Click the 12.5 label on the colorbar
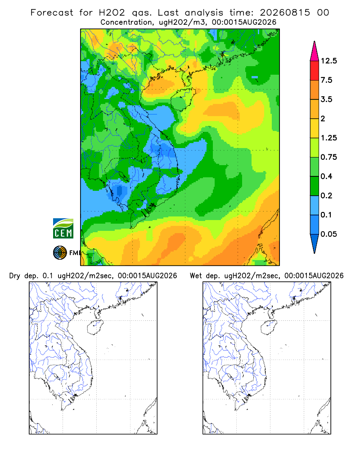tap(328, 61)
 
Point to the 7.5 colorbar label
tap(326, 80)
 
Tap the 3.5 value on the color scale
tap(326, 99)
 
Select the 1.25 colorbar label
tap(328, 138)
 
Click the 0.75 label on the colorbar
tap(328, 157)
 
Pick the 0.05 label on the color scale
tap(328, 234)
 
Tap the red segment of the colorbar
tap(315, 71)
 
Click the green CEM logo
tap(63, 229)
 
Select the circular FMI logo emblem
tap(60, 253)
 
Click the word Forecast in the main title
tap(52, 13)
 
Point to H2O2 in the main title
tap(112, 13)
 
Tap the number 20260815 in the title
tap(285, 13)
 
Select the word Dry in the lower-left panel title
tap(15, 276)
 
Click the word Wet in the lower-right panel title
tap(196, 276)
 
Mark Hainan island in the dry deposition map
tap(95, 327)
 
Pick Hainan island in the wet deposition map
tap(269, 327)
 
